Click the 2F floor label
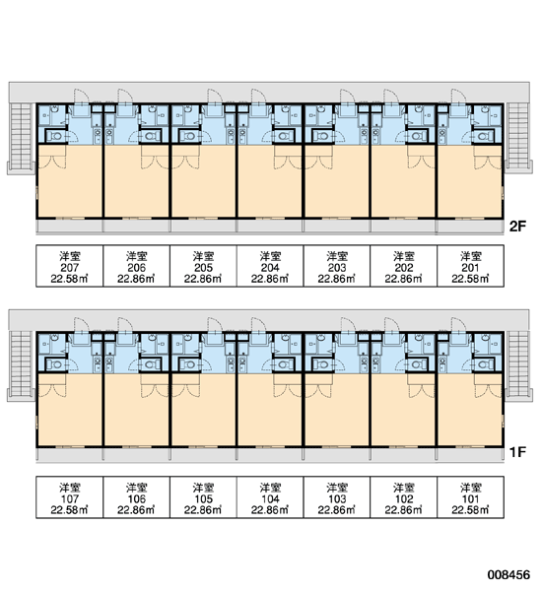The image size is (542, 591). pyautogui.click(x=517, y=227)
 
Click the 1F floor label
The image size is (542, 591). pyautogui.click(x=517, y=451)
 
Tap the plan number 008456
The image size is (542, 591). pyautogui.click(x=508, y=574)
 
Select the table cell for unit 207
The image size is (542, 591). pyautogui.click(x=69, y=266)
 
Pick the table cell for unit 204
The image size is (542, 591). pyautogui.click(x=270, y=266)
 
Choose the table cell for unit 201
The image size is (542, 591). pyautogui.click(x=470, y=266)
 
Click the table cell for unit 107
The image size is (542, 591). pyautogui.click(x=69, y=497)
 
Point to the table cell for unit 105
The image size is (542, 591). pyautogui.click(x=203, y=497)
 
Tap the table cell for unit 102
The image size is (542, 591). pyautogui.click(x=404, y=497)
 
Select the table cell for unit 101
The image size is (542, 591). pyautogui.click(x=470, y=497)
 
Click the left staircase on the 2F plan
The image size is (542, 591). pyautogui.click(x=21, y=136)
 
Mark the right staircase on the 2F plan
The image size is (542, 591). pyautogui.click(x=518, y=136)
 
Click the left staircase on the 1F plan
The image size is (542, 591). pyautogui.click(x=21, y=363)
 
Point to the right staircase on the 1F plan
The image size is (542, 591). pyautogui.click(x=518, y=363)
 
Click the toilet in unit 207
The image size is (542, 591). pyautogui.click(x=55, y=136)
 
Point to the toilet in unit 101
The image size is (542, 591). pyautogui.click(x=484, y=364)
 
